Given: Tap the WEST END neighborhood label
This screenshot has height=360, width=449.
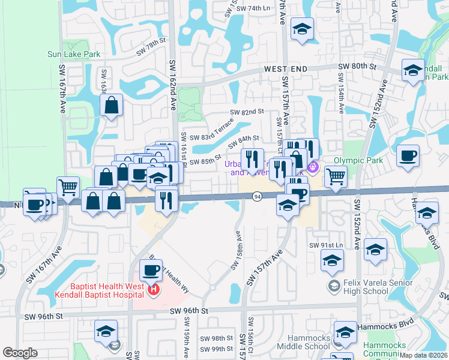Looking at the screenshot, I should click(x=286, y=70).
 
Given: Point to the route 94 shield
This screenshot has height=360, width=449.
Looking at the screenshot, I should click(x=257, y=197).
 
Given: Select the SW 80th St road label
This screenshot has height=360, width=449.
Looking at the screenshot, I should click(x=357, y=66).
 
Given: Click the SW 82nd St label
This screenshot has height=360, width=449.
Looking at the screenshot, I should click(x=248, y=112).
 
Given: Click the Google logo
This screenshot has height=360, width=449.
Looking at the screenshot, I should click(x=20, y=353).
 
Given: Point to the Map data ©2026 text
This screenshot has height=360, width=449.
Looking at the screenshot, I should click(x=424, y=355).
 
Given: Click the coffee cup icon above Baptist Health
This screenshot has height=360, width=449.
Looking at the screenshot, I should click(x=151, y=269).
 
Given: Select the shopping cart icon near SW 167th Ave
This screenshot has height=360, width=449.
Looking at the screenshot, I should click(x=68, y=187).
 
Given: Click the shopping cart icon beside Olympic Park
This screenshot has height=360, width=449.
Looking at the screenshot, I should click(x=336, y=176).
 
